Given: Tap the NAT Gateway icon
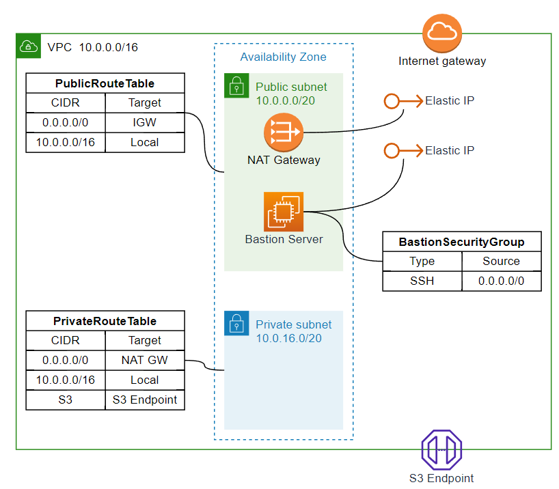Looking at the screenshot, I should [x=283, y=133].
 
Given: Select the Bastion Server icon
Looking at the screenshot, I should [x=283, y=212].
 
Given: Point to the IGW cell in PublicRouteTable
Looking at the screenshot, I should [x=145, y=122].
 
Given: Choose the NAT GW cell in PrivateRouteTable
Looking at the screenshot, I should [x=145, y=360].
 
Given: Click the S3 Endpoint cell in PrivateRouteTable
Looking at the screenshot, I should [x=145, y=400].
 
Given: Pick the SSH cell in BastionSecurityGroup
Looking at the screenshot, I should [x=422, y=281].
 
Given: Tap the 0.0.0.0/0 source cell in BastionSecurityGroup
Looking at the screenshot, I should [x=502, y=281].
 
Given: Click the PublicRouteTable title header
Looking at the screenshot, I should [x=105, y=83].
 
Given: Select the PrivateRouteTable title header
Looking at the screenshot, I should [x=105, y=321].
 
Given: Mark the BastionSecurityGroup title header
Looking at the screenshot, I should [x=462, y=242].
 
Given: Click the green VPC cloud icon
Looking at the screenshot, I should [x=28, y=46].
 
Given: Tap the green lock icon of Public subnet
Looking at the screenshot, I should [x=236, y=85].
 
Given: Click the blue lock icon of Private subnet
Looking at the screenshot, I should [x=236, y=323].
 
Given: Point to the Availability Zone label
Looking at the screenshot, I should [x=283, y=57].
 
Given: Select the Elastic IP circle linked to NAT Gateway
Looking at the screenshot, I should [x=391, y=101].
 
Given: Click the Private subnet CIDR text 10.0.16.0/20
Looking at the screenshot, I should [x=288, y=338].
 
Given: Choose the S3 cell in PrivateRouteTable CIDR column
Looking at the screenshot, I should [x=66, y=400].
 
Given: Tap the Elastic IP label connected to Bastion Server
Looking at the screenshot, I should [x=449, y=150].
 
